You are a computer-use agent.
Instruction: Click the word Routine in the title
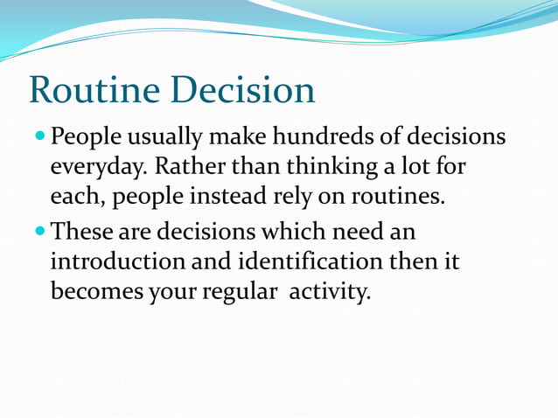tap(95, 91)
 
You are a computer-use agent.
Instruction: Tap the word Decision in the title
tap(242, 91)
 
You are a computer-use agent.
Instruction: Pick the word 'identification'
tap(299, 261)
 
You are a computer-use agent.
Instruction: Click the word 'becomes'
tap(94, 291)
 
